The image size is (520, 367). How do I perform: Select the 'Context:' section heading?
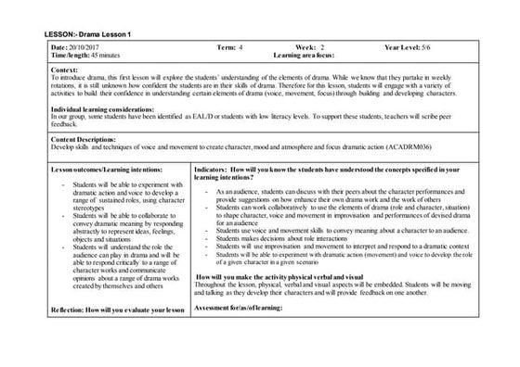66,70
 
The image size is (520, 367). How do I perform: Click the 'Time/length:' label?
71,56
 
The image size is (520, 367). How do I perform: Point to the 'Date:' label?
59,46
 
